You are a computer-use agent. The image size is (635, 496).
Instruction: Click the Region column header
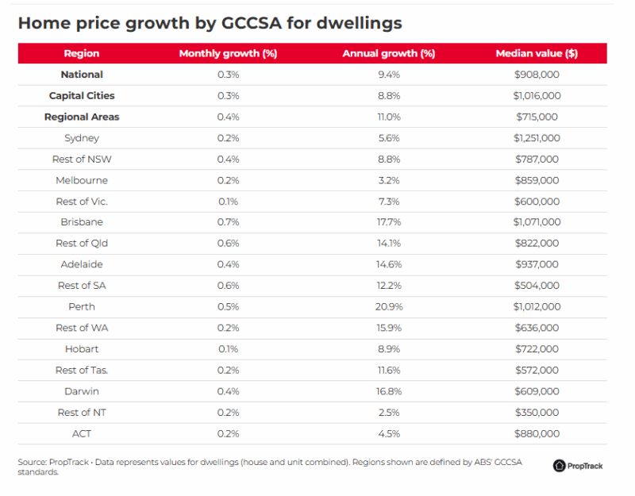(82, 53)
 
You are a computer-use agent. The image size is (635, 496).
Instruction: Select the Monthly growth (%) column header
(228, 53)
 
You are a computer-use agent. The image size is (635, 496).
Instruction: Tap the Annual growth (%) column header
(388, 53)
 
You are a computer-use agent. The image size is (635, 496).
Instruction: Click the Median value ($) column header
(536, 53)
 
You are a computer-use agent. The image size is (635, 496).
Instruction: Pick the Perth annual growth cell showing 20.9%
(388, 306)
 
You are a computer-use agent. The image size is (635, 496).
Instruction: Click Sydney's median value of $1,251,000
(537, 138)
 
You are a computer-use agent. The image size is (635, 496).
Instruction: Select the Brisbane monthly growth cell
(228, 222)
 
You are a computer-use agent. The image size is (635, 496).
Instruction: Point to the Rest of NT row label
(82, 412)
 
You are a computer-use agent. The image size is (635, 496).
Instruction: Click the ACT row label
(82, 433)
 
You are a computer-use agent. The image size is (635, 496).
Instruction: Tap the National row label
(82, 75)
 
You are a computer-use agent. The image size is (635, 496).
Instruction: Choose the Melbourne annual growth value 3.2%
(388, 180)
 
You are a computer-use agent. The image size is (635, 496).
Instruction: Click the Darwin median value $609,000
(537, 390)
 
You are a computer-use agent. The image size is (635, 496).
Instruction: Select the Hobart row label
(82, 348)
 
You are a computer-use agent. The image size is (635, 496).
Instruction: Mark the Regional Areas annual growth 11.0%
(388, 117)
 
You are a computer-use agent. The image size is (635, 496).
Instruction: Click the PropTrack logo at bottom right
(578, 466)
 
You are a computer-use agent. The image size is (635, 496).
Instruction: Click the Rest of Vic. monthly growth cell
(228, 202)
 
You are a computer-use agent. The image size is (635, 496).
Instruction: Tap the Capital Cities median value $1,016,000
(537, 95)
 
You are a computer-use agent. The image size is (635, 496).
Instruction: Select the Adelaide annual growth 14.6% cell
(388, 264)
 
